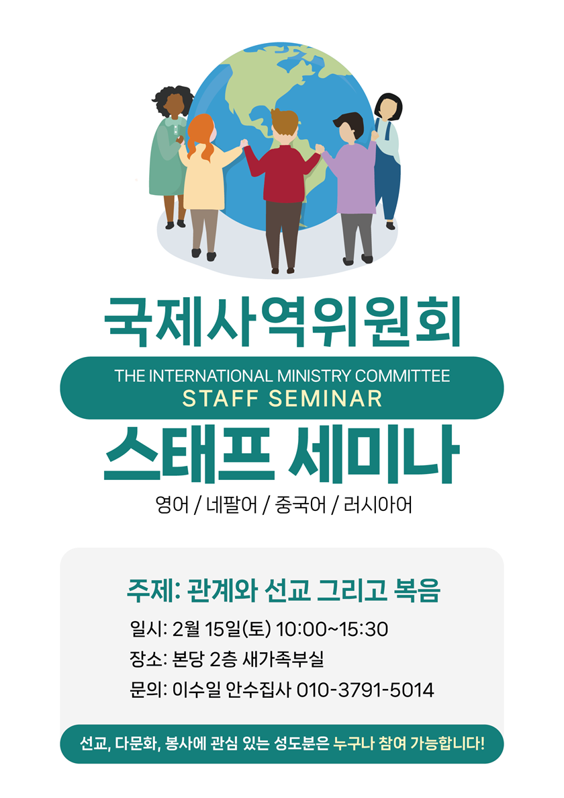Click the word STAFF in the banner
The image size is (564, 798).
[221, 399]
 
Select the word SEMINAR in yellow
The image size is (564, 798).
[326, 399]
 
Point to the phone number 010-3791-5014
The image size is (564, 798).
[365, 690]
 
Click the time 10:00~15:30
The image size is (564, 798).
[332, 629]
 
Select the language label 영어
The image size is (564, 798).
[173, 505]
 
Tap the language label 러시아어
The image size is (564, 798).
[378, 505]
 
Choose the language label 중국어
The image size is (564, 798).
[300, 505]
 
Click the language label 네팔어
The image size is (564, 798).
[232, 505]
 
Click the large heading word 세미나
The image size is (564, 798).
[374, 454]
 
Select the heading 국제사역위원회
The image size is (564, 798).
[283, 321]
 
